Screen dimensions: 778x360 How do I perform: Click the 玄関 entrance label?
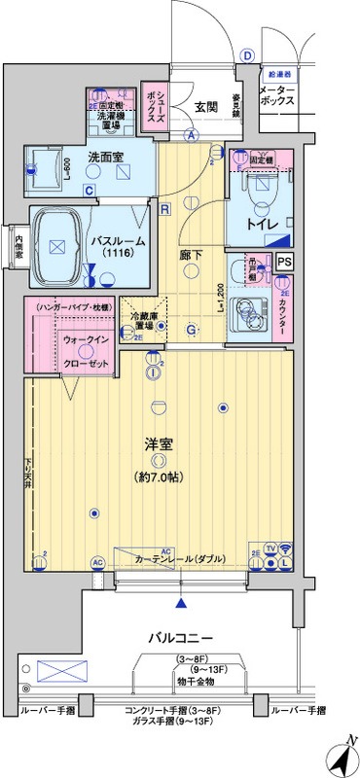205,106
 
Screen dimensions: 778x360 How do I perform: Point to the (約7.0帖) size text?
159,477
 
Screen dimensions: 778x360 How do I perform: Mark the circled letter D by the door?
247,55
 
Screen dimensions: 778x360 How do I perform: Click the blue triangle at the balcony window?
180,603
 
